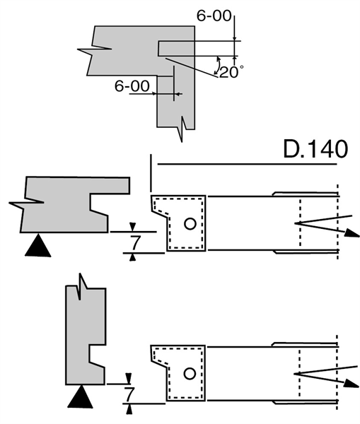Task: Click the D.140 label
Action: [x=315, y=149]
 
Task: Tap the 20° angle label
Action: [x=231, y=71]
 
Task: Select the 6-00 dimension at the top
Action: [x=214, y=16]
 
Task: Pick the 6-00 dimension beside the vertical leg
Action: [x=132, y=86]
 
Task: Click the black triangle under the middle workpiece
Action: [x=38, y=245]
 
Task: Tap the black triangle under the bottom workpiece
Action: [x=80, y=396]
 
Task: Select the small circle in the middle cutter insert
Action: [x=190, y=223]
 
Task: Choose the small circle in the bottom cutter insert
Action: [x=190, y=374]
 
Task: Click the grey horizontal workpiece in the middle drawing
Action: [x=65, y=206]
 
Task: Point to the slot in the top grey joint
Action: [x=176, y=48]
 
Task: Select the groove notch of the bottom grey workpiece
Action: [x=98, y=353]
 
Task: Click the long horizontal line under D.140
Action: [x=247, y=164]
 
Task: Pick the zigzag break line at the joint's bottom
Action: [x=183, y=129]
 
